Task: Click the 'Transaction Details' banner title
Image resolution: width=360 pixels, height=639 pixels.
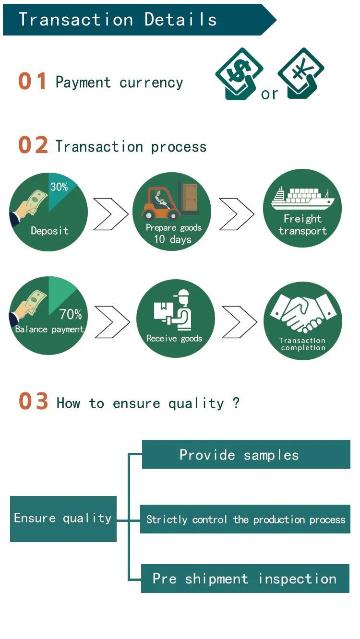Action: pyautogui.click(x=118, y=20)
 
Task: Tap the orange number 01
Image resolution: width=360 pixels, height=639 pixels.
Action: pyautogui.click(x=33, y=82)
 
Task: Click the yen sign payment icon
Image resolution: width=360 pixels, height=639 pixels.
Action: pyautogui.click(x=301, y=73)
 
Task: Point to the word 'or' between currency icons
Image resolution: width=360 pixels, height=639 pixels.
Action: pyautogui.click(x=270, y=94)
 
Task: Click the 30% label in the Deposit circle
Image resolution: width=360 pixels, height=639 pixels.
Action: pyautogui.click(x=59, y=187)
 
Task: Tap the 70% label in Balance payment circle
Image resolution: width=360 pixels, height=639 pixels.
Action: pyautogui.click(x=71, y=314)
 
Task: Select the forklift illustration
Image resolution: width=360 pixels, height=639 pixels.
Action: pyautogui.click(x=170, y=200)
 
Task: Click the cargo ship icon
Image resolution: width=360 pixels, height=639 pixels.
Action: pyautogui.click(x=302, y=198)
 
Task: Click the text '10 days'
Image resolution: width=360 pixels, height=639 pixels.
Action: pyautogui.click(x=172, y=239)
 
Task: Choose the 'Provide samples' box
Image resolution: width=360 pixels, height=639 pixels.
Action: pyautogui.click(x=246, y=454)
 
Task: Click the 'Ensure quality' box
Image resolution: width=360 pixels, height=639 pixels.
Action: pyautogui.click(x=63, y=519)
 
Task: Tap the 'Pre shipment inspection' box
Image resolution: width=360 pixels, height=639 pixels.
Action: pyautogui.click(x=245, y=579)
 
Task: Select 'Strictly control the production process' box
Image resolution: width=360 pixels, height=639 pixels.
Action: pyautogui.click(x=245, y=519)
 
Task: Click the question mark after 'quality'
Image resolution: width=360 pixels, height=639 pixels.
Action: pyautogui.click(x=236, y=402)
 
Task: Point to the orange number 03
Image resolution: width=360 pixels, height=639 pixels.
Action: pyautogui.click(x=34, y=402)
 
